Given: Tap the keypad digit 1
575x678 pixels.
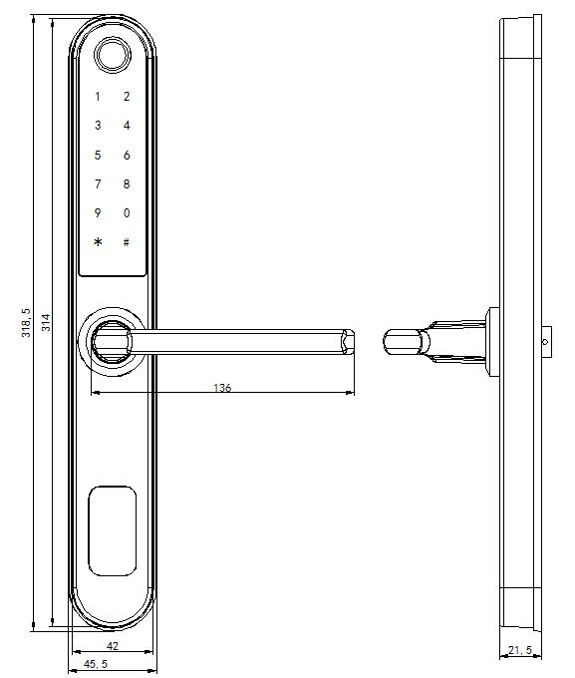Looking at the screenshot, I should [x=98, y=97].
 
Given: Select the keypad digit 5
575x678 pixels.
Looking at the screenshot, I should [x=98, y=156].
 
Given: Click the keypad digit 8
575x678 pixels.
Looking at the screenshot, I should [x=127, y=184].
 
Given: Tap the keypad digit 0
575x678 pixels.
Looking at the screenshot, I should [x=127, y=213].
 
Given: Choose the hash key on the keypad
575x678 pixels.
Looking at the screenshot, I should [x=127, y=242].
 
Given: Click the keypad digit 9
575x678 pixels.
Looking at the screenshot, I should [x=98, y=213].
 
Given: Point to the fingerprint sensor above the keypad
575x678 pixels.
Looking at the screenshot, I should [x=111, y=54].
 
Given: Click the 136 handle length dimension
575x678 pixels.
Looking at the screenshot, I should [x=222, y=388].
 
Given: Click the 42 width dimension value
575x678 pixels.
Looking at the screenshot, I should [x=112, y=646].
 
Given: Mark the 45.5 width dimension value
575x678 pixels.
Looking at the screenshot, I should [x=96, y=664].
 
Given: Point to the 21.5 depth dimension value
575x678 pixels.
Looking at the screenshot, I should [x=520, y=651].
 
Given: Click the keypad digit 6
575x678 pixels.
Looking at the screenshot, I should [x=127, y=156].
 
